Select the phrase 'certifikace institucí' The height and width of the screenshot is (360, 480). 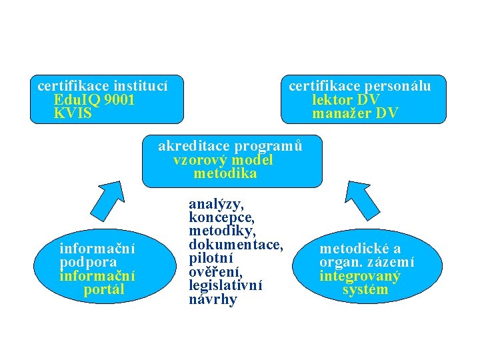[102, 86]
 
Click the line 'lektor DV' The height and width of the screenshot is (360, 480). [346, 100]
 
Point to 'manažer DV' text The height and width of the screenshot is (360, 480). [355, 114]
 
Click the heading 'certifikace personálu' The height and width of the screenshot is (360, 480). [359, 86]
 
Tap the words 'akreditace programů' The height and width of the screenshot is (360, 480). [231, 146]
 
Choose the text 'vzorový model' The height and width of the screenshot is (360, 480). [223, 160]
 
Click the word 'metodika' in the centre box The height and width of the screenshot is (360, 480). [225, 174]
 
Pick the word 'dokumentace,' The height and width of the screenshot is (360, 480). [237, 245]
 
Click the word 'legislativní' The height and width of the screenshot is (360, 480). [225, 285]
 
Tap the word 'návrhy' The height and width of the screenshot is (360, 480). [213, 299]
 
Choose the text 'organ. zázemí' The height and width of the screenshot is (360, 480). [367, 263]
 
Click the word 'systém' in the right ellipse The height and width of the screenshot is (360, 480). [365, 290]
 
